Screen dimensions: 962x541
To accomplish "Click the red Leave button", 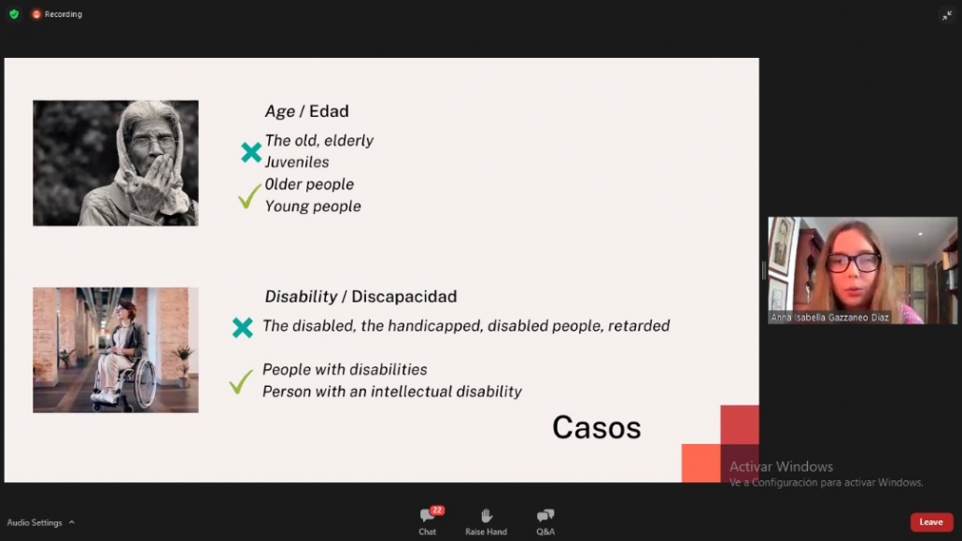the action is [931, 522].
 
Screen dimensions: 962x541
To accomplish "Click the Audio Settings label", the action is [35, 522].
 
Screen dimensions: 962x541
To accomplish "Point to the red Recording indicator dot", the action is [36, 14].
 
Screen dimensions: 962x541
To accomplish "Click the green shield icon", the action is [14, 14].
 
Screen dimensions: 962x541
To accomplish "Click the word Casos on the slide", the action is [596, 427].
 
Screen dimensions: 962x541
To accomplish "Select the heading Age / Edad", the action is [306, 111].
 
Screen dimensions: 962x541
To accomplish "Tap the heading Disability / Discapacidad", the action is [361, 296].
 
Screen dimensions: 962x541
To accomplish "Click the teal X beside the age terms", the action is [251, 152].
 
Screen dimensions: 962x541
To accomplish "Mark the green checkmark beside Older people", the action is [249, 196].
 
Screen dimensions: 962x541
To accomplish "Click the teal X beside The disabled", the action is [242, 327].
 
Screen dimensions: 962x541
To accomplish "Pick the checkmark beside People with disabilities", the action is [241, 381].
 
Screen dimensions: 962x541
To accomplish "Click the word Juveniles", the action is [297, 163].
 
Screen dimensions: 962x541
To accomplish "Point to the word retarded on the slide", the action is [639, 325].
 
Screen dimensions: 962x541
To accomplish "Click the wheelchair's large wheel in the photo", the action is [145, 383].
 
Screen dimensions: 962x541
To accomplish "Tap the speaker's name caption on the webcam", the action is [829, 318].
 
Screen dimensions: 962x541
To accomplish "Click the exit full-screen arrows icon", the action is [947, 15].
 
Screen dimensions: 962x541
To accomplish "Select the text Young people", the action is [313, 206].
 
